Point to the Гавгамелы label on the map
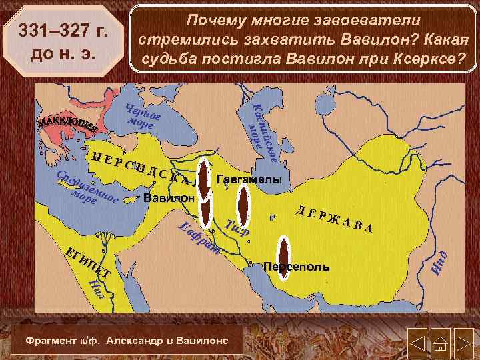point(249,181)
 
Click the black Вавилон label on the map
point(169,198)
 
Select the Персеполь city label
point(296,267)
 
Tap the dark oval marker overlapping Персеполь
point(285,257)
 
